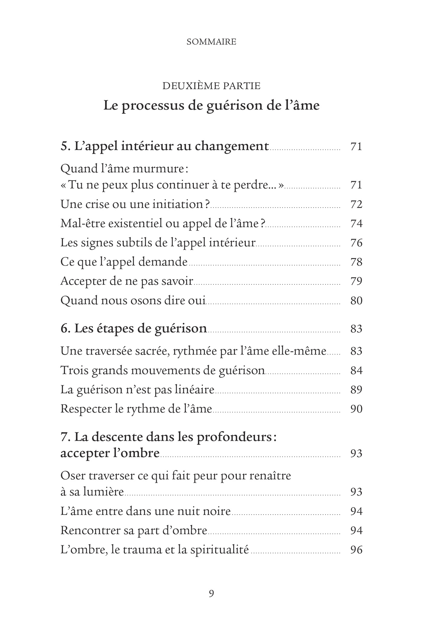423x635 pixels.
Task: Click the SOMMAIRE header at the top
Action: tap(211, 42)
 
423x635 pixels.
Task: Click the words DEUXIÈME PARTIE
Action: tap(211, 86)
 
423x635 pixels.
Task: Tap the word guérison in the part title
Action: tap(232, 106)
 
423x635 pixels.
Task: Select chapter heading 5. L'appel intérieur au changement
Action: tap(165, 146)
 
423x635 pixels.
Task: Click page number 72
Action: tap(356, 205)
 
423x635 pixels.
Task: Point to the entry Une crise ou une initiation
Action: tap(135, 205)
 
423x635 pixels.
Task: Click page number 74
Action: tap(356, 224)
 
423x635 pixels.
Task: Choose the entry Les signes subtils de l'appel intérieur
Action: tap(158, 243)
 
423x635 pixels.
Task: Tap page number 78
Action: tap(356, 262)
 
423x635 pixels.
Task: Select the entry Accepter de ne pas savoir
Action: tap(127, 281)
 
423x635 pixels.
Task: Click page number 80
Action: tap(356, 301)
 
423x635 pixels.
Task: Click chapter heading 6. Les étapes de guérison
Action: tap(134, 329)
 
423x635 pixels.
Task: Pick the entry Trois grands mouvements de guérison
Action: tap(163, 371)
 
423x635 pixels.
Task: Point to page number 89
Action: tap(356, 390)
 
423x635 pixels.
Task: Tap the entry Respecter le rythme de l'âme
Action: tap(136, 409)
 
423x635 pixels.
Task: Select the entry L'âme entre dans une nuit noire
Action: tap(146, 511)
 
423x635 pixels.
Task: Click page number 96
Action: tap(356, 550)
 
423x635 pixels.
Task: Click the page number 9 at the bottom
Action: tap(211, 594)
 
